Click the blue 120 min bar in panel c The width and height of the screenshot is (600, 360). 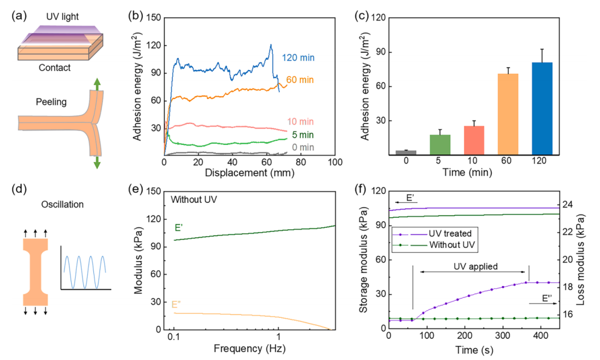click(542, 109)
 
